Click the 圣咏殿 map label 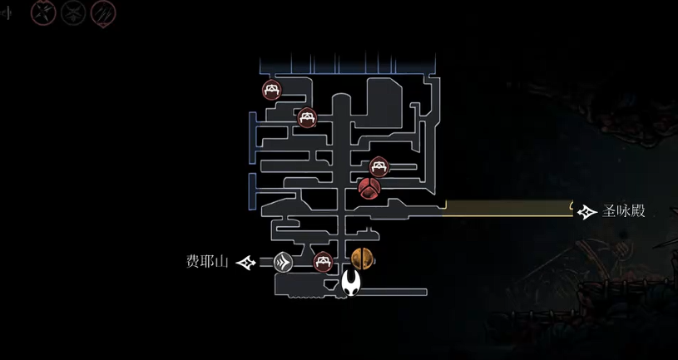[x=624, y=212]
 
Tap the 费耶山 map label [x=208, y=262]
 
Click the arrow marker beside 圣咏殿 [x=587, y=212]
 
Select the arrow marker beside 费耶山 [x=246, y=263]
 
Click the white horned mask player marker [x=352, y=283]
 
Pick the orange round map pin [x=362, y=259]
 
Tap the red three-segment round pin [x=369, y=188]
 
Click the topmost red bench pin [x=271, y=89]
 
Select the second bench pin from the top [x=307, y=118]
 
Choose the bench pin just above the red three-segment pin [x=379, y=166]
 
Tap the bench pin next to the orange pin [x=323, y=261]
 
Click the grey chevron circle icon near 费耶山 [x=283, y=263]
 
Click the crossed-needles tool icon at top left [x=43, y=12]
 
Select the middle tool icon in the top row [x=73, y=12]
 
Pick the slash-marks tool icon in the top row [x=103, y=12]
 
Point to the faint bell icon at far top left [x=7, y=12]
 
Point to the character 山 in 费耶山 [x=222, y=262]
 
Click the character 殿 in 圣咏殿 [x=638, y=212]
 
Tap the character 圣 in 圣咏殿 [x=610, y=212]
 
